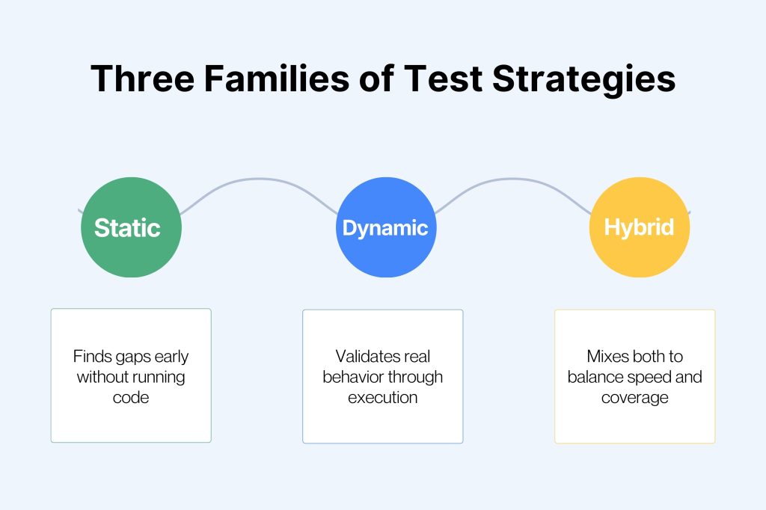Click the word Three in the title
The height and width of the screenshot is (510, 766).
click(143, 79)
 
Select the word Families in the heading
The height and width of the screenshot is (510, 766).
click(277, 79)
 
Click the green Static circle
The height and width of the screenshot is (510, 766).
click(131, 227)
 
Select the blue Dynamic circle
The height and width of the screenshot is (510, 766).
click(386, 227)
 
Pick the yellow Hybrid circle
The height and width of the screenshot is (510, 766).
click(640, 227)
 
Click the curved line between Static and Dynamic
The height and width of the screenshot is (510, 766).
click(259, 179)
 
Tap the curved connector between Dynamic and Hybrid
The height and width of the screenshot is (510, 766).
click(513, 179)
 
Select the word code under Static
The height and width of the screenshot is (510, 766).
click(131, 397)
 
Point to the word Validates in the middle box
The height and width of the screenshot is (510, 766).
click(362, 356)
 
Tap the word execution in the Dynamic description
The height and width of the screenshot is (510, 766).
click(383, 397)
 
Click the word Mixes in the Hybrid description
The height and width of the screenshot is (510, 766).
click(607, 356)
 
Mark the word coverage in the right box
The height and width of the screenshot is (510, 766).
click(635, 398)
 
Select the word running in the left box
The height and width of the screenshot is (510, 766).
click(160, 378)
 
